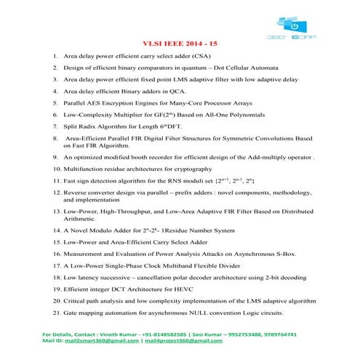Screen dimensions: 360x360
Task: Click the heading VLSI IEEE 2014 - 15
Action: click(169, 42)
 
